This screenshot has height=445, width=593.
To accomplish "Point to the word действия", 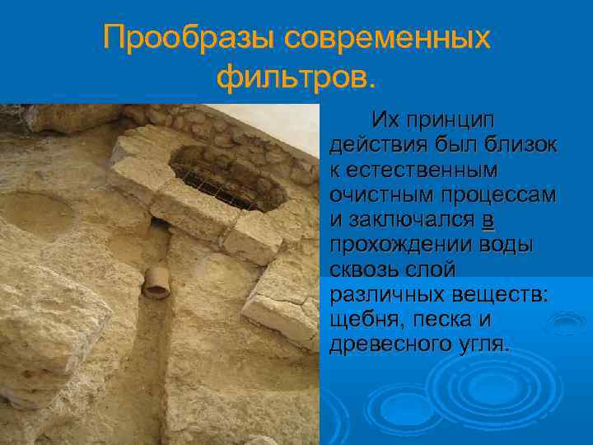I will coord(372,147).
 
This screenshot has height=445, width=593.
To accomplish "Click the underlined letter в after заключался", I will coord(488,220).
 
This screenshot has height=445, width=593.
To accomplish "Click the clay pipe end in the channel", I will coord(156,283).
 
